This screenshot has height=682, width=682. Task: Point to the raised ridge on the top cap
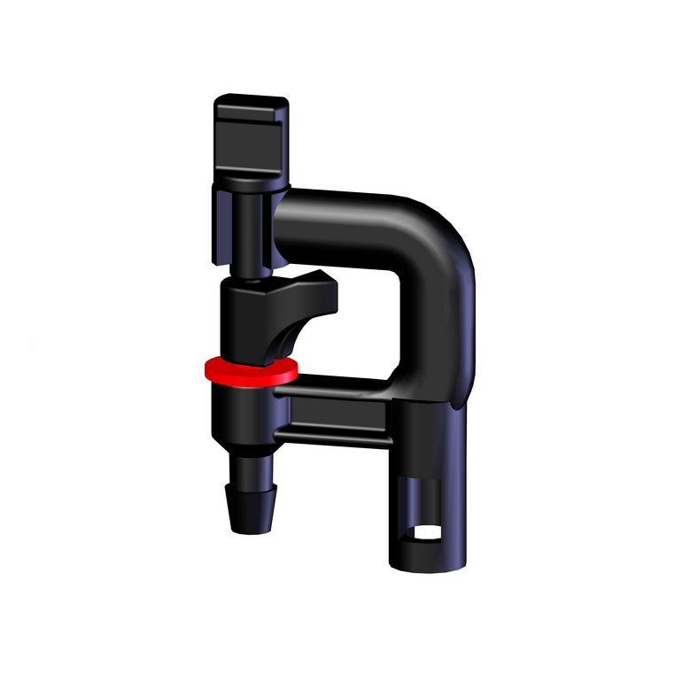tap(252, 107)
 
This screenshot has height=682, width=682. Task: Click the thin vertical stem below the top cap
tap(249, 235)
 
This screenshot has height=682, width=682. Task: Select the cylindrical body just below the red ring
tap(244, 412)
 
